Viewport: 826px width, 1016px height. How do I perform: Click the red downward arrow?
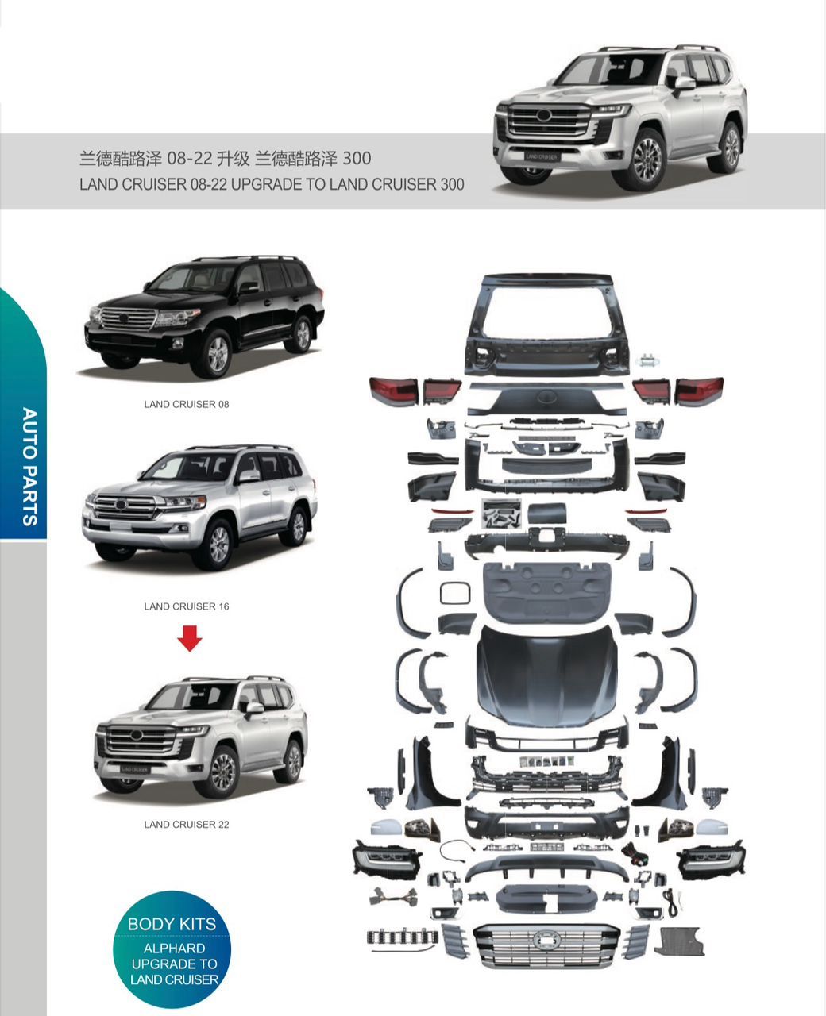tap(189, 637)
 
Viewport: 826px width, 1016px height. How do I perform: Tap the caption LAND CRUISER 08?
tap(186, 404)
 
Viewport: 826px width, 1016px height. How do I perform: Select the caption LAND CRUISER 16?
tap(186, 606)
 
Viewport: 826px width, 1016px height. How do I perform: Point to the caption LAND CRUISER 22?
tap(186, 825)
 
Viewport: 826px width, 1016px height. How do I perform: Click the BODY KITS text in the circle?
tap(172, 924)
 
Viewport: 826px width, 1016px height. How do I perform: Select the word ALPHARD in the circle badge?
tap(174, 948)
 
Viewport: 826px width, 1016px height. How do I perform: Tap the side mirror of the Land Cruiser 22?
tap(254, 707)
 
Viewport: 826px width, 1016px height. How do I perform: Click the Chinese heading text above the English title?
tap(225, 159)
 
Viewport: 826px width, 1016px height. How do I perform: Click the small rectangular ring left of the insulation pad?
tap(455, 592)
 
